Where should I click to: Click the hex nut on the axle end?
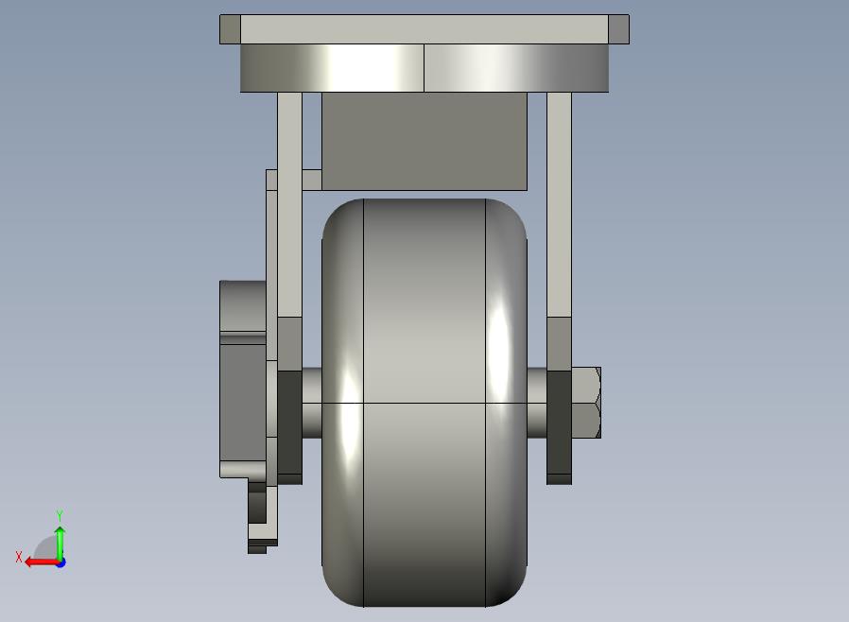coord(586,403)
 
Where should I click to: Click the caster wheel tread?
coord(424,403)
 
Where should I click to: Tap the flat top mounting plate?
coord(424,29)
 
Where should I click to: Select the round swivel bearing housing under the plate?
coord(424,68)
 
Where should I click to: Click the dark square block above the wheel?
coord(424,141)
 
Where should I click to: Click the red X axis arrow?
coord(43,562)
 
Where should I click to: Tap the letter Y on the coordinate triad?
coord(60,515)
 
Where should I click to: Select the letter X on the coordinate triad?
coord(19,557)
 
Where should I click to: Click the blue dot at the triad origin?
coord(61,563)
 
